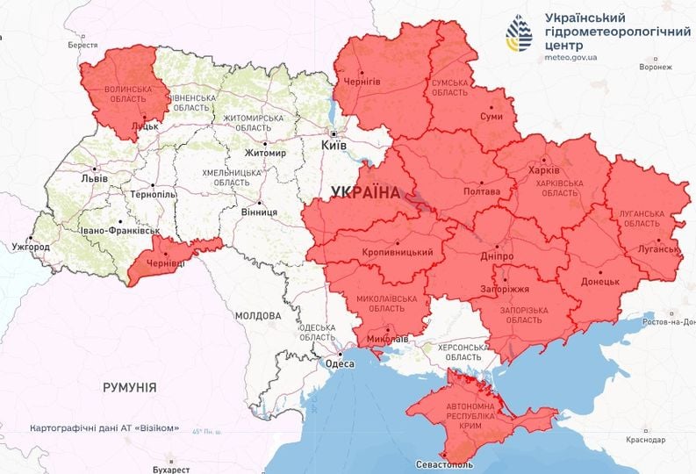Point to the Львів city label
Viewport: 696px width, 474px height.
(x=94, y=178)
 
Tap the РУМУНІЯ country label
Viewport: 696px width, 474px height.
(x=129, y=386)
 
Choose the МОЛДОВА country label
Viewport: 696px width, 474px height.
(x=258, y=315)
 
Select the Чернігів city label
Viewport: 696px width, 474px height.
(x=361, y=82)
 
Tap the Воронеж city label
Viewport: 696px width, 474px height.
(x=656, y=67)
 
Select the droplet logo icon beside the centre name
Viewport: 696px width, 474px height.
(x=519, y=35)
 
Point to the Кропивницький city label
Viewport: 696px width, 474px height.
(x=398, y=253)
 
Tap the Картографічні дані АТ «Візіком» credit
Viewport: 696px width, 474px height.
(x=105, y=428)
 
